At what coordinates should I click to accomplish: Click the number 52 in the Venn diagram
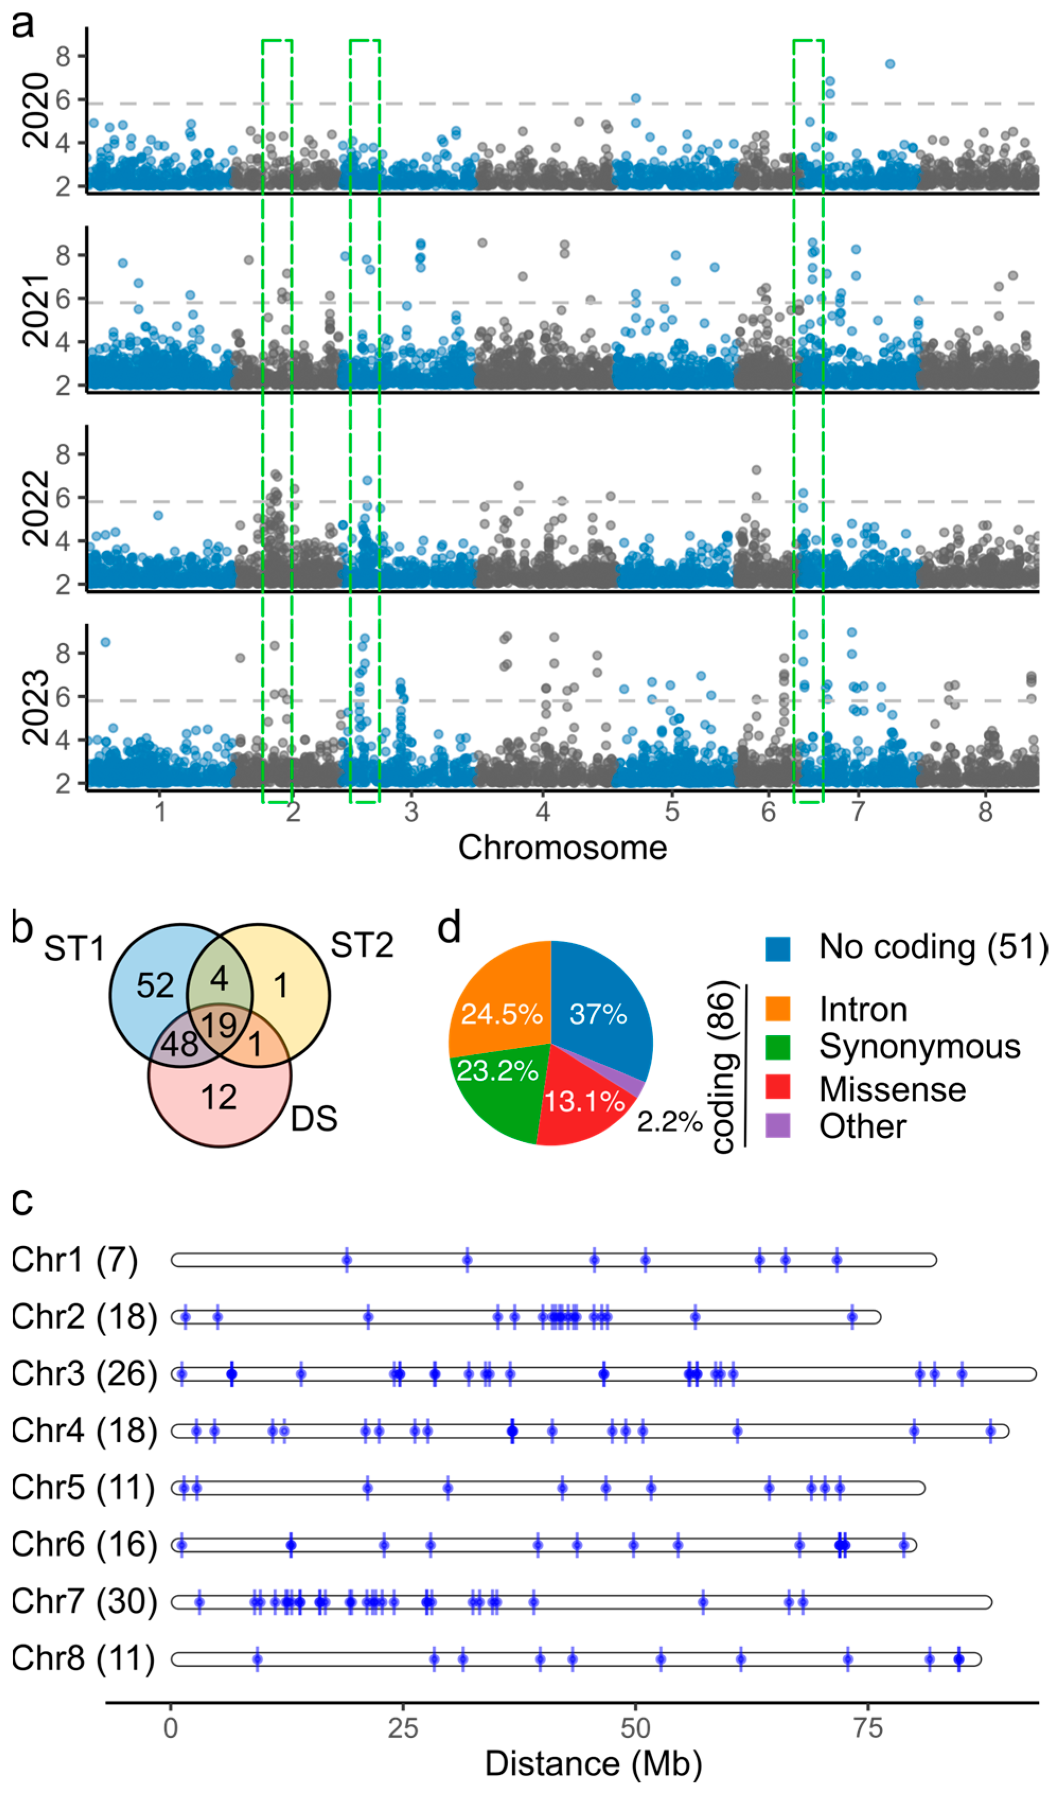155,986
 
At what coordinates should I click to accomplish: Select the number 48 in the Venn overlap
179,1044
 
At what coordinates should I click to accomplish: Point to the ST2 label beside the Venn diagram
361,945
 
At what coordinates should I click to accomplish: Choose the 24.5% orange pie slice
501,1013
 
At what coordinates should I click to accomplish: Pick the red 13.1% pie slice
583,1101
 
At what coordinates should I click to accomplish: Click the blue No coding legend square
777,949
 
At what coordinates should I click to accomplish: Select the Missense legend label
892,1089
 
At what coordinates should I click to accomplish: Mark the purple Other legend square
777,1126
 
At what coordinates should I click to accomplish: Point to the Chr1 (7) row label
75,1260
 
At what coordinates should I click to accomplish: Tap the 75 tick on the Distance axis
868,1728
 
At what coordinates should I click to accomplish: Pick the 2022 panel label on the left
35,508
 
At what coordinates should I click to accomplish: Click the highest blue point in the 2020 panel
889,64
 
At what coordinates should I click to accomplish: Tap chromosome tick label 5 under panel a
672,811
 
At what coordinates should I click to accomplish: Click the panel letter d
449,929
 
